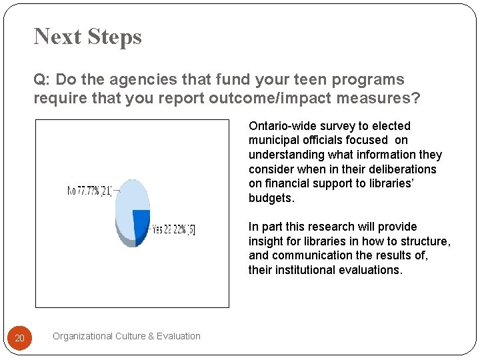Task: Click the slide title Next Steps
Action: coord(87,36)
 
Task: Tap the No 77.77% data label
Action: coord(90,191)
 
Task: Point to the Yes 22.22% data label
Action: coord(173,229)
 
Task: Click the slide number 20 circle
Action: coord(20,339)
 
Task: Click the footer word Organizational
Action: coord(83,336)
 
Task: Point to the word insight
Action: coord(265,241)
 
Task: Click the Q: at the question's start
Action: coord(41,80)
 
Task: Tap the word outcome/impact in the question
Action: coord(276,99)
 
